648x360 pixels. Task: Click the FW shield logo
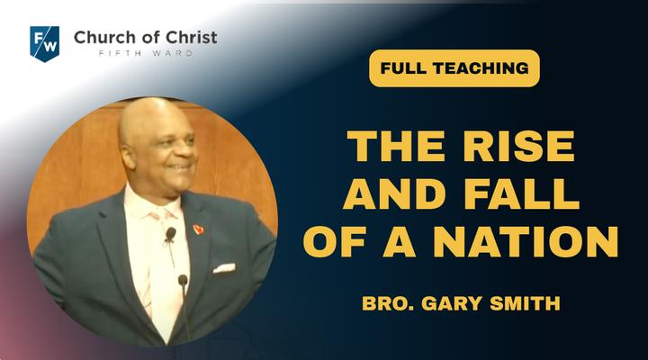pyautogui.click(x=45, y=44)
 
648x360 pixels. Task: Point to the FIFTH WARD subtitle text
pyautogui.click(x=146, y=53)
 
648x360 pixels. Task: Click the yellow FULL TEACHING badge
pyautogui.click(x=454, y=68)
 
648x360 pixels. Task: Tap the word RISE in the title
pyautogui.click(x=519, y=146)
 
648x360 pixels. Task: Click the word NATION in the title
pyautogui.click(x=526, y=241)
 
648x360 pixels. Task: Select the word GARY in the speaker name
pyautogui.click(x=452, y=303)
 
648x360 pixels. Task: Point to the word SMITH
pyautogui.click(x=525, y=303)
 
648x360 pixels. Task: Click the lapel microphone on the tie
pyautogui.click(x=170, y=234)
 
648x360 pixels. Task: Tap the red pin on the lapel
pyautogui.click(x=198, y=229)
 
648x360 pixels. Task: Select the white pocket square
pyautogui.click(x=224, y=268)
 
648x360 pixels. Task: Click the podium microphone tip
pyautogui.click(x=183, y=280)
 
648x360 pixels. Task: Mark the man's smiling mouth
pyautogui.click(x=182, y=167)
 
